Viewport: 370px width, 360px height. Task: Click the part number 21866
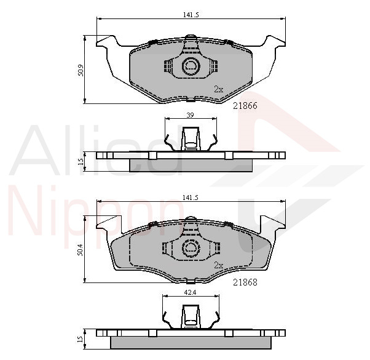(x=245, y=106)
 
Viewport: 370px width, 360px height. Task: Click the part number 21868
(x=245, y=282)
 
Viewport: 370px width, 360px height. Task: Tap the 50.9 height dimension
(x=81, y=70)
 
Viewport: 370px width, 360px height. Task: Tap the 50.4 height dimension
(x=81, y=250)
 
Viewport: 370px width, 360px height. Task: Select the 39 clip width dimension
(x=190, y=115)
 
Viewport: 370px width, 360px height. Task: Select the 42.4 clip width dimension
(x=190, y=293)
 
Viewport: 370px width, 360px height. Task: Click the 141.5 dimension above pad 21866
(x=191, y=15)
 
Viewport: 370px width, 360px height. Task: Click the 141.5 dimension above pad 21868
(x=191, y=198)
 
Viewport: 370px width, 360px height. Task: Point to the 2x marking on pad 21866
(x=219, y=89)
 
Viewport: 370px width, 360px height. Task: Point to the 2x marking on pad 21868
(x=219, y=265)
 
